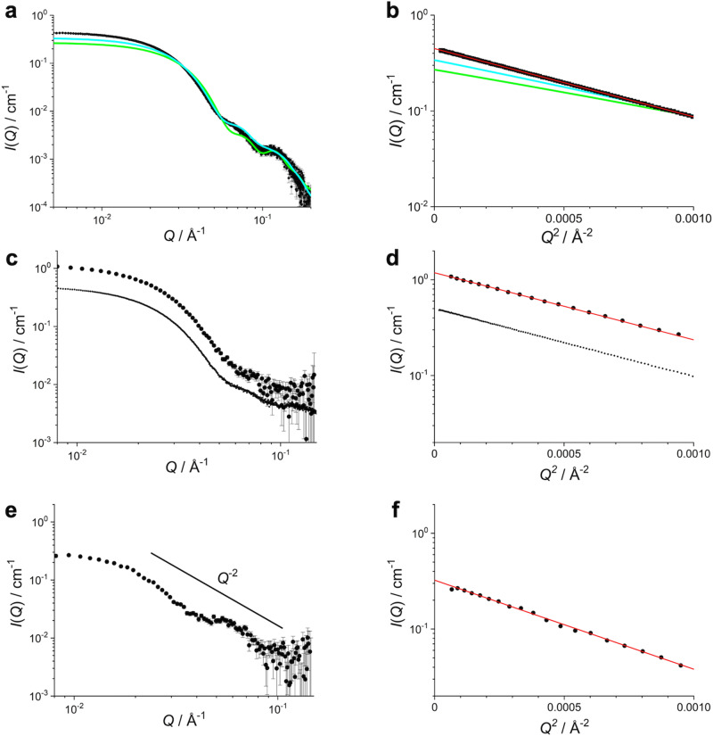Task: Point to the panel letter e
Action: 8,504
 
